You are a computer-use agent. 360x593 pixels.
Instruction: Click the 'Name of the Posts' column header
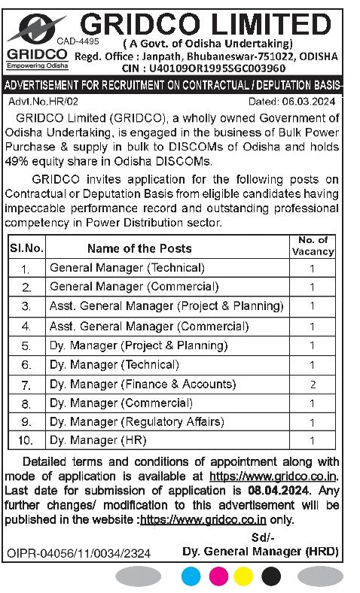click(x=139, y=248)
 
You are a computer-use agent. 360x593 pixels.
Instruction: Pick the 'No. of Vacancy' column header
click(x=313, y=246)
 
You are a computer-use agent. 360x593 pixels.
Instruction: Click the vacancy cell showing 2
click(x=312, y=385)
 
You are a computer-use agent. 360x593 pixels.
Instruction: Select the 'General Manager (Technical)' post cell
click(x=127, y=268)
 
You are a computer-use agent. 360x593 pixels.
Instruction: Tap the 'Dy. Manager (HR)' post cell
click(x=98, y=440)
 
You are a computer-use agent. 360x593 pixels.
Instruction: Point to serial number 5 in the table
click(x=26, y=346)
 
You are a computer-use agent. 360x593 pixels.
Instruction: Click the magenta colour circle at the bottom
click(x=218, y=576)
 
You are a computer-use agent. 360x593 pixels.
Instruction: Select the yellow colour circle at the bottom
click(x=244, y=576)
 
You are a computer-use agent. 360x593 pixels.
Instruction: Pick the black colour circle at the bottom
click(x=270, y=576)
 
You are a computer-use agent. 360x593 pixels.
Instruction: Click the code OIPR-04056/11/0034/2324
click(x=78, y=553)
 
